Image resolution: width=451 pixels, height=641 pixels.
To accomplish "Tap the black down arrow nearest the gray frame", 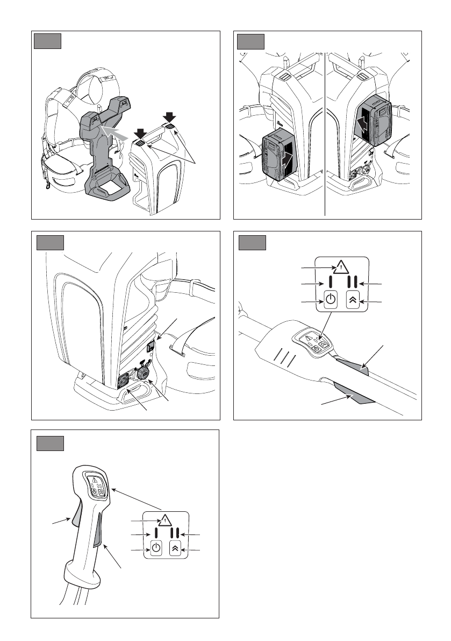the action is coord(141,132).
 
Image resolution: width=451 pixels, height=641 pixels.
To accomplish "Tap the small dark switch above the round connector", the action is coord(151,347).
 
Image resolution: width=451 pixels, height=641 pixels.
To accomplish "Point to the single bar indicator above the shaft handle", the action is coord(331,283).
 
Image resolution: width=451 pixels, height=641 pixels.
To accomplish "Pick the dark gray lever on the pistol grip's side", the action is coord(99,532).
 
